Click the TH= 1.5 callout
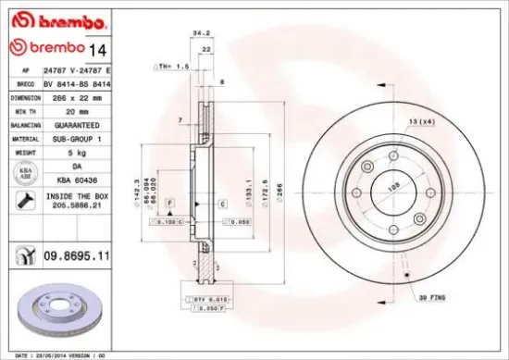[175, 68]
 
